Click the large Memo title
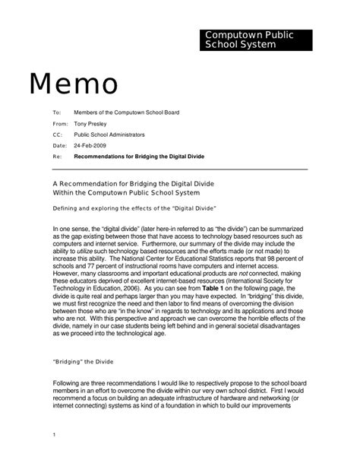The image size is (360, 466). (74, 84)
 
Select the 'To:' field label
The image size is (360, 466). (56, 113)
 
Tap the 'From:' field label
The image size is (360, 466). (60, 123)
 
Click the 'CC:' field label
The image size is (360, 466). (57, 134)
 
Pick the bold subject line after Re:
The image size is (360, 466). (139, 156)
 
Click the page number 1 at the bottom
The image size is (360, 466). (55, 434)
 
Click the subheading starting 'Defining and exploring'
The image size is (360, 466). (134, 208)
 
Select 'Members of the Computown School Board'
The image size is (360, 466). (126, 113)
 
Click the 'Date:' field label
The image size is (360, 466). (59, 144)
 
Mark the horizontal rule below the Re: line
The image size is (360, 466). (179, 169)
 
